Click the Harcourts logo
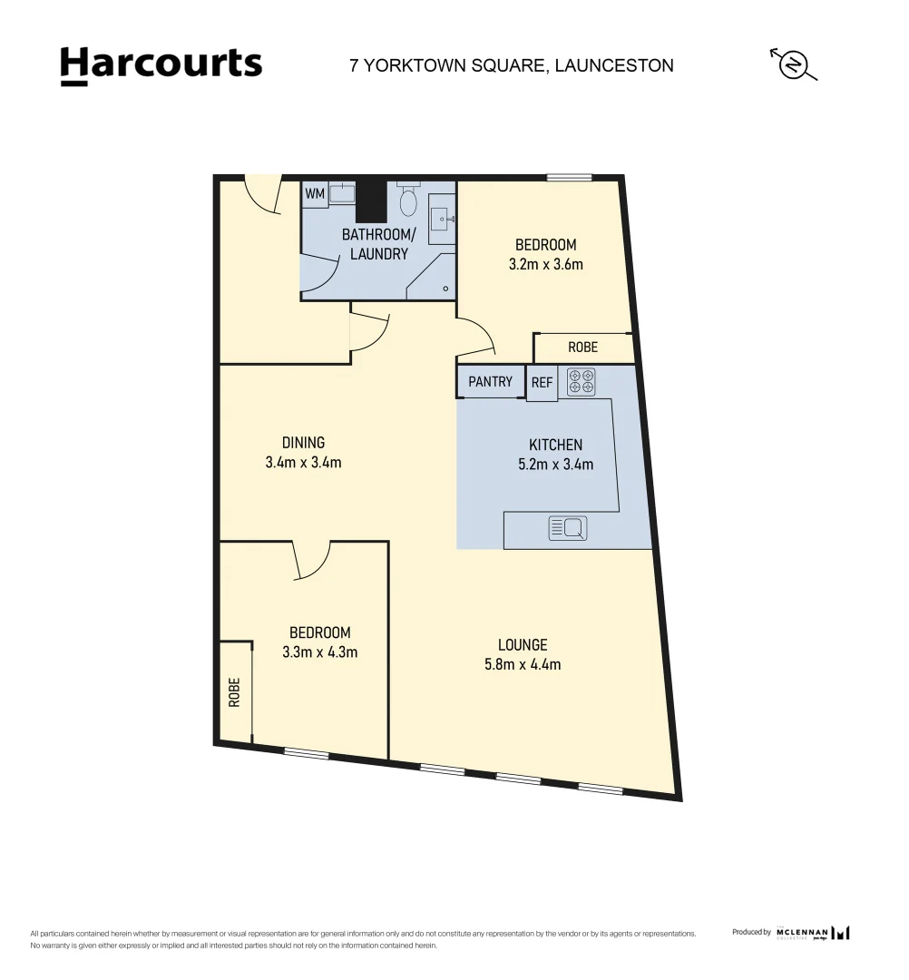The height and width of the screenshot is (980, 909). point(161,65)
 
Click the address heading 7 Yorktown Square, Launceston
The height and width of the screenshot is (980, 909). point(512,65)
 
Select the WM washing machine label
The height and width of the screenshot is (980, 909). point(314,194)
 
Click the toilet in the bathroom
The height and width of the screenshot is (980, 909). point(408,199)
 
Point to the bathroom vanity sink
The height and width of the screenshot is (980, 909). point(442,218)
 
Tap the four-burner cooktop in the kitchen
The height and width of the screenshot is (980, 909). point(582,382)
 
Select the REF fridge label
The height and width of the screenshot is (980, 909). point(542,383)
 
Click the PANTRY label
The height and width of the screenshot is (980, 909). point(490,382)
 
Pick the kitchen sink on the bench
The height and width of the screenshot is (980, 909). point(568,527)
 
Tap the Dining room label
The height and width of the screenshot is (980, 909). point(303,443)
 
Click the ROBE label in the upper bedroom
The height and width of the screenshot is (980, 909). point(582,348)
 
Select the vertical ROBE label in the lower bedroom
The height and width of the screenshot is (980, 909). point(235,692)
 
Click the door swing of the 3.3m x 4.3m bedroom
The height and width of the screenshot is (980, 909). point(312,560)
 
